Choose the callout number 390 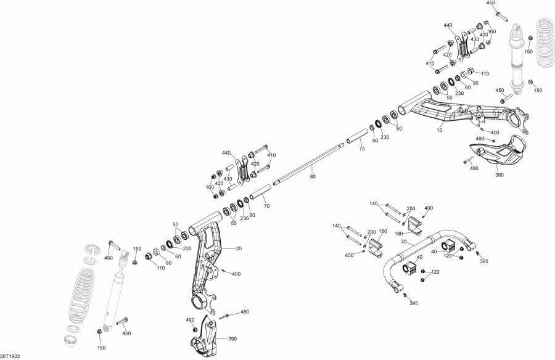click(x=233, y=339)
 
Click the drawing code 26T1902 click(x=10, y=356)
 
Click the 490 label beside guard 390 click(x=189, y=320)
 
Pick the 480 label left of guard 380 click(x=474, y=168)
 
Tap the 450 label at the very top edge click(x=491, y=3)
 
